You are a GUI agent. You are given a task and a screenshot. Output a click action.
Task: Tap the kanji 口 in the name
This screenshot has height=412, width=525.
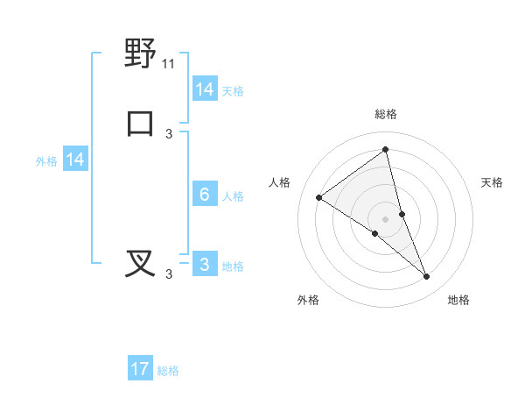tap(140, 123)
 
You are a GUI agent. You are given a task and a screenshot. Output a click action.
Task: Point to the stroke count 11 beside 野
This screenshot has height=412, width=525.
tap(169, 64)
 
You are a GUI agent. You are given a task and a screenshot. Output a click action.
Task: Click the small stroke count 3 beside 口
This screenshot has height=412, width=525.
tap(169, 133)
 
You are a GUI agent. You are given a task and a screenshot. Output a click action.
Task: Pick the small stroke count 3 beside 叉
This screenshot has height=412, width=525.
tap(169, 274)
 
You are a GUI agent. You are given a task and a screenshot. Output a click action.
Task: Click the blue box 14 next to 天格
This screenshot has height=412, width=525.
tap(205, 89)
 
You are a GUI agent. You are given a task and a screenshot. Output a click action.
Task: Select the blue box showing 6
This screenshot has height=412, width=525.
tap(205, 195)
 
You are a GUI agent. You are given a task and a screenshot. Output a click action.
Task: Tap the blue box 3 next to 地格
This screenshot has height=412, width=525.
tap(205, 265)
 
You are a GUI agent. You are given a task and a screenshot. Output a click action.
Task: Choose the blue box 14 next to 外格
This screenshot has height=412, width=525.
tap(75, 160)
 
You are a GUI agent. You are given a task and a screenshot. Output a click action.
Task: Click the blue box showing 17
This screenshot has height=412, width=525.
tap(140, 369)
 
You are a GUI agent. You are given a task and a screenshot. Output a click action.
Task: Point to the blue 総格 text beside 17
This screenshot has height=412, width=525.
tap(168, 371)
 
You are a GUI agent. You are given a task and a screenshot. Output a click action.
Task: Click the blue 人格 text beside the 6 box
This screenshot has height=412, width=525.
tap(233, 196)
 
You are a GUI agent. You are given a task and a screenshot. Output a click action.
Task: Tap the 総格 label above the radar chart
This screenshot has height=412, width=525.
tap(385, 114)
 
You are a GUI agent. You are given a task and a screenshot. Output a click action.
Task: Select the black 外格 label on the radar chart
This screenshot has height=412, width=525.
tap(308, 300)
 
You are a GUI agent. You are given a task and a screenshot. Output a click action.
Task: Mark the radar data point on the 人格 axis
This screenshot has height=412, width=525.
tap(318, 197)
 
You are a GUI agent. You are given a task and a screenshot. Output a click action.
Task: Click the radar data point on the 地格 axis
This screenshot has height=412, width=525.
tap(426, 277)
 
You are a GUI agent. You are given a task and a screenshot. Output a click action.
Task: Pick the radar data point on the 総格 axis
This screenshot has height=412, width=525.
tap(385, 150)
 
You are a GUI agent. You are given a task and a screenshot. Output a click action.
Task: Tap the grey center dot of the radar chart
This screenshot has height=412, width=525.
tap(385, 218)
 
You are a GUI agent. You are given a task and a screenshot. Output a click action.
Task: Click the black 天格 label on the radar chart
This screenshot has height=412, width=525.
tap(492, 182)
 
